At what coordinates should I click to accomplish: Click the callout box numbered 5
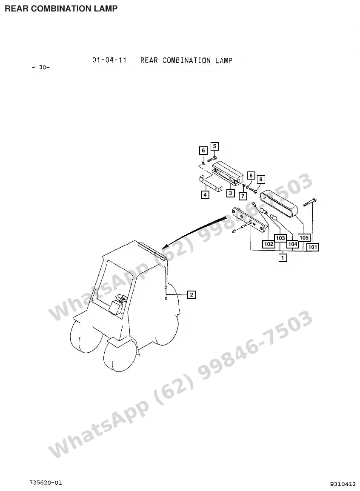(214, 146)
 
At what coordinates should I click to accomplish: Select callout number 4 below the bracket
(205, 195)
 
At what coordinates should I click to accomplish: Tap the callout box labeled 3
(230, 193)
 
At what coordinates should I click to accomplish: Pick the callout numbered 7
(243, 196)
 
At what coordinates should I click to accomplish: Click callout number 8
(261, 180)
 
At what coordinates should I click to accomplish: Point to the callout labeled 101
(313, 247)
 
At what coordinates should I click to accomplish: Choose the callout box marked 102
(269, 244)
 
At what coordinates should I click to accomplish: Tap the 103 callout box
(280, 238)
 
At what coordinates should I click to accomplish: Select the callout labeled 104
(293, 244)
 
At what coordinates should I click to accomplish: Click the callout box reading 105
(304, 238)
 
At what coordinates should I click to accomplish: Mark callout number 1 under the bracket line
(283, 258)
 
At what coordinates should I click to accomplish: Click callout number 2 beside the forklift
(191, 295)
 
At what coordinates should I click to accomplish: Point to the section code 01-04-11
(109, 60)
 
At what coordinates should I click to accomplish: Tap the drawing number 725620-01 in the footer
(46, 482)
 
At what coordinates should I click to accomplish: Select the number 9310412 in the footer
(343, 484)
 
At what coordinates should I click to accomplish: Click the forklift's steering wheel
(120, 298)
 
